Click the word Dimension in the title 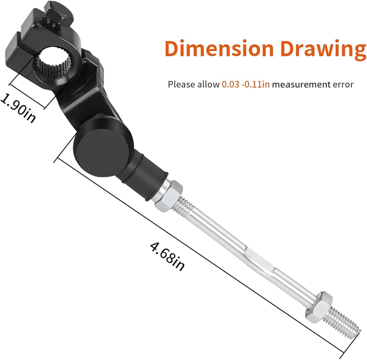(219, 48)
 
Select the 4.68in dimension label (167, 257)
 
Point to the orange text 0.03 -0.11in (246, 84)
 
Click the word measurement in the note (301, 84)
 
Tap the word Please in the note (182, 84)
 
